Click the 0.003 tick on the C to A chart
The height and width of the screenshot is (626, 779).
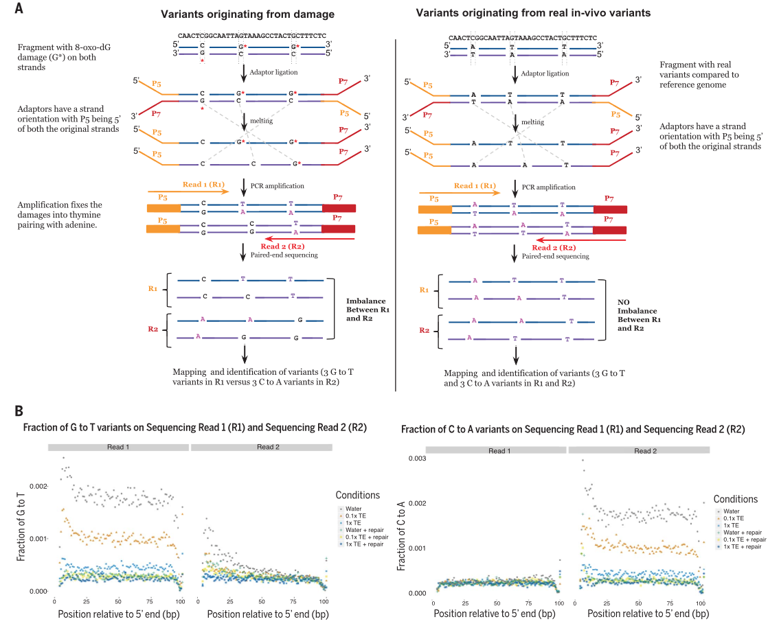click(418, 458)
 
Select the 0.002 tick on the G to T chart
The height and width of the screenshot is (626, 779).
click(41, 486)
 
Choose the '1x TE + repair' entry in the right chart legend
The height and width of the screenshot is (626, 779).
click(741, 547)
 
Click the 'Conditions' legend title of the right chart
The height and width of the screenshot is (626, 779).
click(735, 499)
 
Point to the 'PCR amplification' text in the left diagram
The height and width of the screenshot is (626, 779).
click(278, 186)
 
